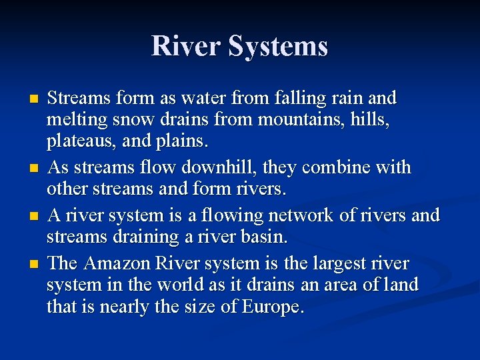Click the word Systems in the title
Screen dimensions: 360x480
click(278, 47)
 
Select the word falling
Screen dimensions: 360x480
click(283, 99)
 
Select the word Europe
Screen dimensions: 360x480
click(272, 308)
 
